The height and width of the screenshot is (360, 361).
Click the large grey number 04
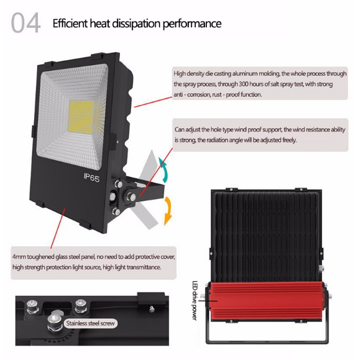pyautogui.click(x=25, y=23)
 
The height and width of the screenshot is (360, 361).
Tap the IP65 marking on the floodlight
pyautogui.click(x=91, y=178)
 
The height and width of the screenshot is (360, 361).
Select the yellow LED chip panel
pyautogui.click(x=81, y=116)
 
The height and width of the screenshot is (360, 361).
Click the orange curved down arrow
pyautogui.click(x=168, y=210)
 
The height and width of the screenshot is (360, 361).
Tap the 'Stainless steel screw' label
pyautogui.click(x=90, y=323)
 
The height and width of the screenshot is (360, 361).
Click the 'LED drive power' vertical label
pyautogui.click(x=194, y=300)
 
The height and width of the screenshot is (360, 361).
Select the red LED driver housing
pyautogui.click(x=267, y=301)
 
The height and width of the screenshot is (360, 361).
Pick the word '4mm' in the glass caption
pyautogui.click(x=19, y=257)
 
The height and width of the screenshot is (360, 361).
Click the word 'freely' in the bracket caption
pyautogui.click(x=289, y=140)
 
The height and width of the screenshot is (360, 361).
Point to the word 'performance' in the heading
pyautogui.click(x=192, y=24)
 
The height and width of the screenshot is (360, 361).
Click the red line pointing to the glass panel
pyautogui.click(x=58, y=228)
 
